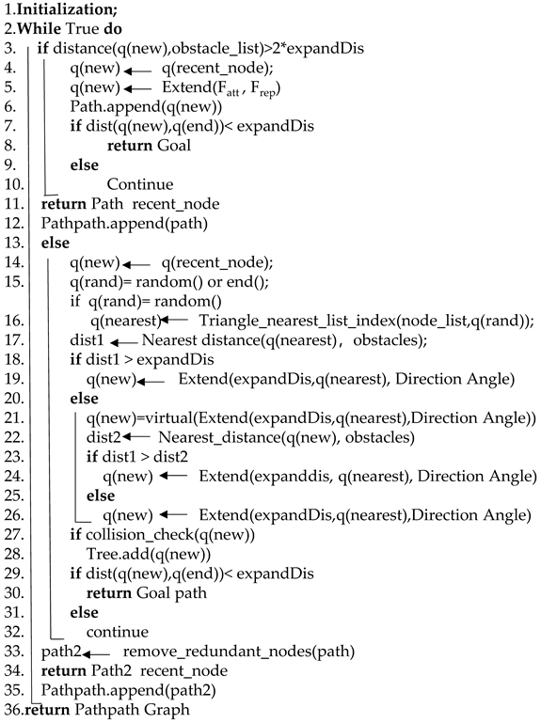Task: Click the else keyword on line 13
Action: pyautogui.click(x=55, y=244)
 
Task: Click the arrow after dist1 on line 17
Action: pyautogui.click(x=131, y=340)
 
